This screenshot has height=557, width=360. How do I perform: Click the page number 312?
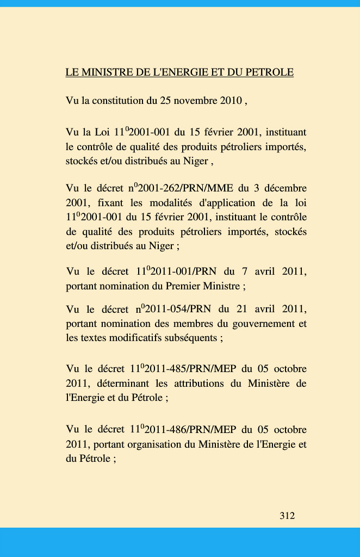pos(287,516)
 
